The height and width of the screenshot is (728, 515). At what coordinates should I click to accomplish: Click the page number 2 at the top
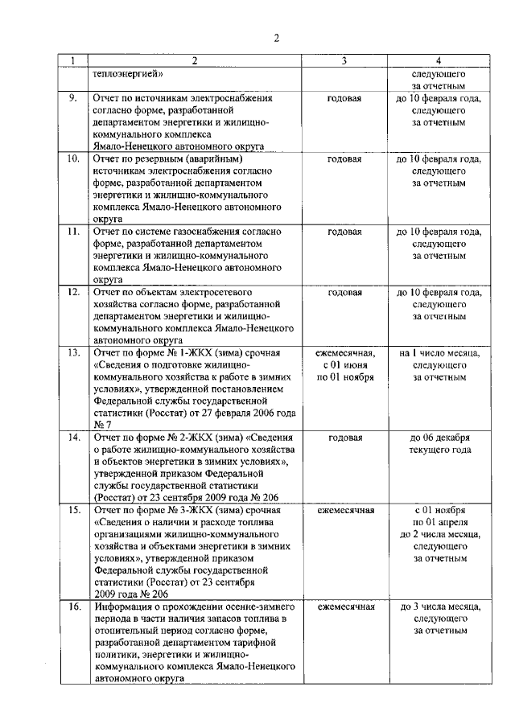(x=275, y=38)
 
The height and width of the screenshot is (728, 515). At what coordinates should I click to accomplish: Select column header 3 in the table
(x=344, y=61)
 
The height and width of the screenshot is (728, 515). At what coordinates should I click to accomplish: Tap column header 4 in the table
(x=439, y=61)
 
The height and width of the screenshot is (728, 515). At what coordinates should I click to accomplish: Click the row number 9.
(x=72, y=98)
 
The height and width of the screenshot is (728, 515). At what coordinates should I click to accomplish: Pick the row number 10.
(x=72, y=158)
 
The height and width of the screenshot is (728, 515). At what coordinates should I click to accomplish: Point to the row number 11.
(x=72, y=232)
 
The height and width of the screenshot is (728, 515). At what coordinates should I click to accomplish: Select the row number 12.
(x=72, y=292)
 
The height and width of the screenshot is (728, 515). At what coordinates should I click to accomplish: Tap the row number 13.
(x=72, y=352)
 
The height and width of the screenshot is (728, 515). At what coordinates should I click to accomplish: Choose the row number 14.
(x=72, y=438)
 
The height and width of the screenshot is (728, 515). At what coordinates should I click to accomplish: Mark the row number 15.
(x=72, y=510)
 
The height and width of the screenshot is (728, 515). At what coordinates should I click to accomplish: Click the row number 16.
(x=72, y=607)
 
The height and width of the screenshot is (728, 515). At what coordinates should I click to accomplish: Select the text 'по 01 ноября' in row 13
(x=344, y=376)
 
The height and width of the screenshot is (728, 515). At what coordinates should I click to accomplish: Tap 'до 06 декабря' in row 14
(x=439, y=438)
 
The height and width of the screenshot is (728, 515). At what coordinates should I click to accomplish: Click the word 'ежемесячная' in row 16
(x=344, y=607)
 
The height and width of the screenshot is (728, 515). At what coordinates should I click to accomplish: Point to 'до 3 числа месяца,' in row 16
(x=439, y=607)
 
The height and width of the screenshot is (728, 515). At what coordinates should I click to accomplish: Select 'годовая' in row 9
(x=344, y=98)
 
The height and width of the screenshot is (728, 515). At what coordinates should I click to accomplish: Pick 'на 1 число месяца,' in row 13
(x=439, y=352)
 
